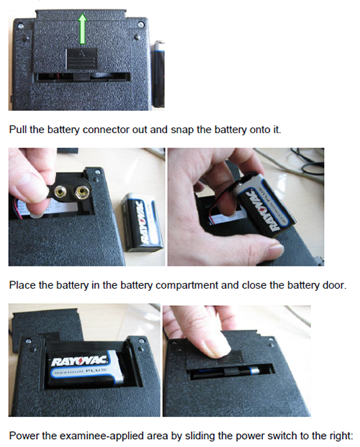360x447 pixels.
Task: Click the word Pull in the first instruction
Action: click(19, 131)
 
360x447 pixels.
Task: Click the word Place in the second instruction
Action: click(22, 285)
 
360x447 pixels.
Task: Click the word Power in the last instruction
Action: click(24, 435)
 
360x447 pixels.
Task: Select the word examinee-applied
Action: click(99, 435)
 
